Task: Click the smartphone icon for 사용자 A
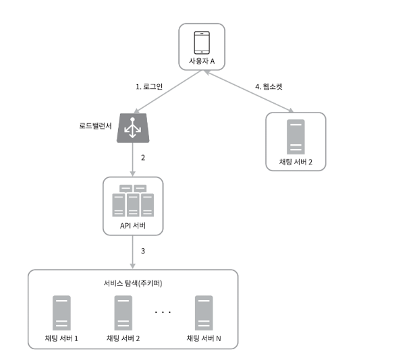point(201,42)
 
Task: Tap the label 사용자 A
point(201,62)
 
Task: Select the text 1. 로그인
point(150,87)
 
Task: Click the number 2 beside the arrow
point(142,158)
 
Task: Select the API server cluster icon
point(133,200)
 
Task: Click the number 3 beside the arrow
point(142,251)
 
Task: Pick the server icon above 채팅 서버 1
point(61,312)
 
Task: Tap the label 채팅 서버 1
point(61,337)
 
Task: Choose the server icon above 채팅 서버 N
point(203,312)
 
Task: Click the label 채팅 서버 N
point(203,337)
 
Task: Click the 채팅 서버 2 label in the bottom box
point(123,337)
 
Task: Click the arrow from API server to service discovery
point(133,252)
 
